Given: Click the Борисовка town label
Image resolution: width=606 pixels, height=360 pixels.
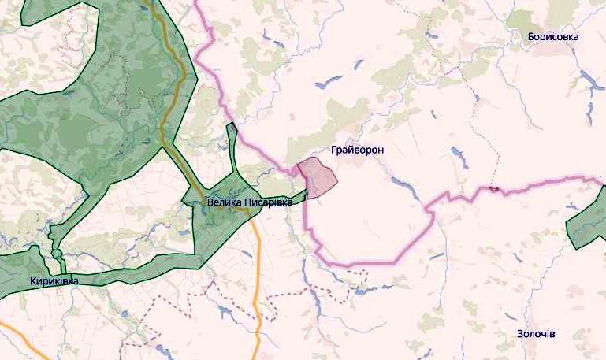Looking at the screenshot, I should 553,37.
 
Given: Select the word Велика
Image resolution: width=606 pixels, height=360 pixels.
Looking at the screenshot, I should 224,202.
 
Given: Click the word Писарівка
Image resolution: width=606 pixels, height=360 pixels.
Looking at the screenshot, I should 268,202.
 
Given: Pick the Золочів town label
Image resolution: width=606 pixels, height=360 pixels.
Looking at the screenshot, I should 536,334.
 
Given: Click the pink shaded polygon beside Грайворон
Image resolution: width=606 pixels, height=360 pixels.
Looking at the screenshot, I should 318,178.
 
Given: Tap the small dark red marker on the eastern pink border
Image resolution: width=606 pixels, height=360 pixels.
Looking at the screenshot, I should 494,188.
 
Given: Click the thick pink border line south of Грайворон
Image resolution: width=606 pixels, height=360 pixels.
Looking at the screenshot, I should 370,262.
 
